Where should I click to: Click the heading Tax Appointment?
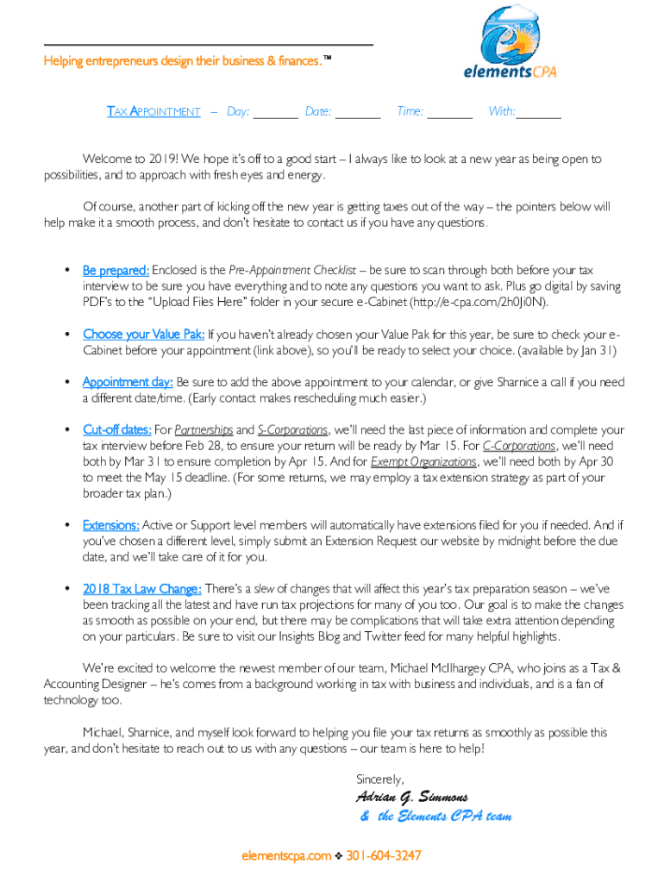(x=153, y=112)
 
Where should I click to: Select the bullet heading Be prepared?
(x=116, y=271)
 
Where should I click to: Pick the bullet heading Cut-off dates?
(x=117, y=429)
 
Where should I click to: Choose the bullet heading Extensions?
(x=111, y=525)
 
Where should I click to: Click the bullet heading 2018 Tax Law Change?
(x=142, y=589)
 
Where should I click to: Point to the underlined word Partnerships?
(x=204, y=429)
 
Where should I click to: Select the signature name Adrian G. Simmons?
(x=411, y=797)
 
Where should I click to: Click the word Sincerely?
(x=380, y=779)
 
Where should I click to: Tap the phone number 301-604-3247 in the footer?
(x=384, y=856)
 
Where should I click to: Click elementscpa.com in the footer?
(x=286, y=856)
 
